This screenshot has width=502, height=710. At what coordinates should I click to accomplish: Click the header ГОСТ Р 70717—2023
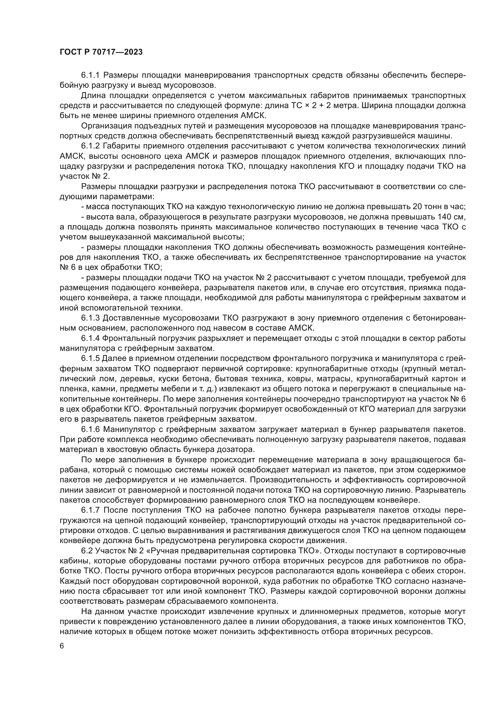tap(101, 52)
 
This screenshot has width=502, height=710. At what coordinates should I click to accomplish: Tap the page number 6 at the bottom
tap(62, 646)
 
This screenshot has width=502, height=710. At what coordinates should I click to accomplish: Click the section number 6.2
tap(87, 551)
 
